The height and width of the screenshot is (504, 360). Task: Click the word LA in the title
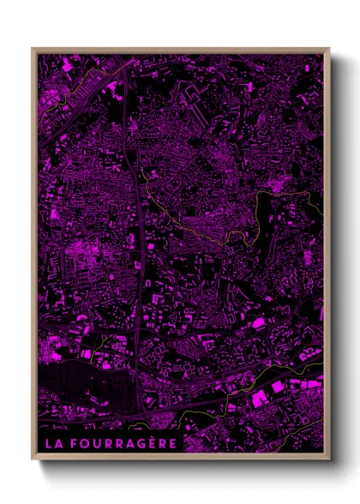(x=52, y=443)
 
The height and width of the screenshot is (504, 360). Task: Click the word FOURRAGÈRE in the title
(x=123, y=443)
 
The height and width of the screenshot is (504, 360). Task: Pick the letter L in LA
(x=47, y=443)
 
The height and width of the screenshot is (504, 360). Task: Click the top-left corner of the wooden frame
(x=33, y=49)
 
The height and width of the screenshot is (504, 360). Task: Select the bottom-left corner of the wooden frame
(x=33, y=459)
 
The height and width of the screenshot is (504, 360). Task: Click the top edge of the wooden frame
(x=180, y=50)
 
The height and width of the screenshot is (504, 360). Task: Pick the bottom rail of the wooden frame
(x=180, y=457)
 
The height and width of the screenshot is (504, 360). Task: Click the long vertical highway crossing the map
(x=138, y=214)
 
